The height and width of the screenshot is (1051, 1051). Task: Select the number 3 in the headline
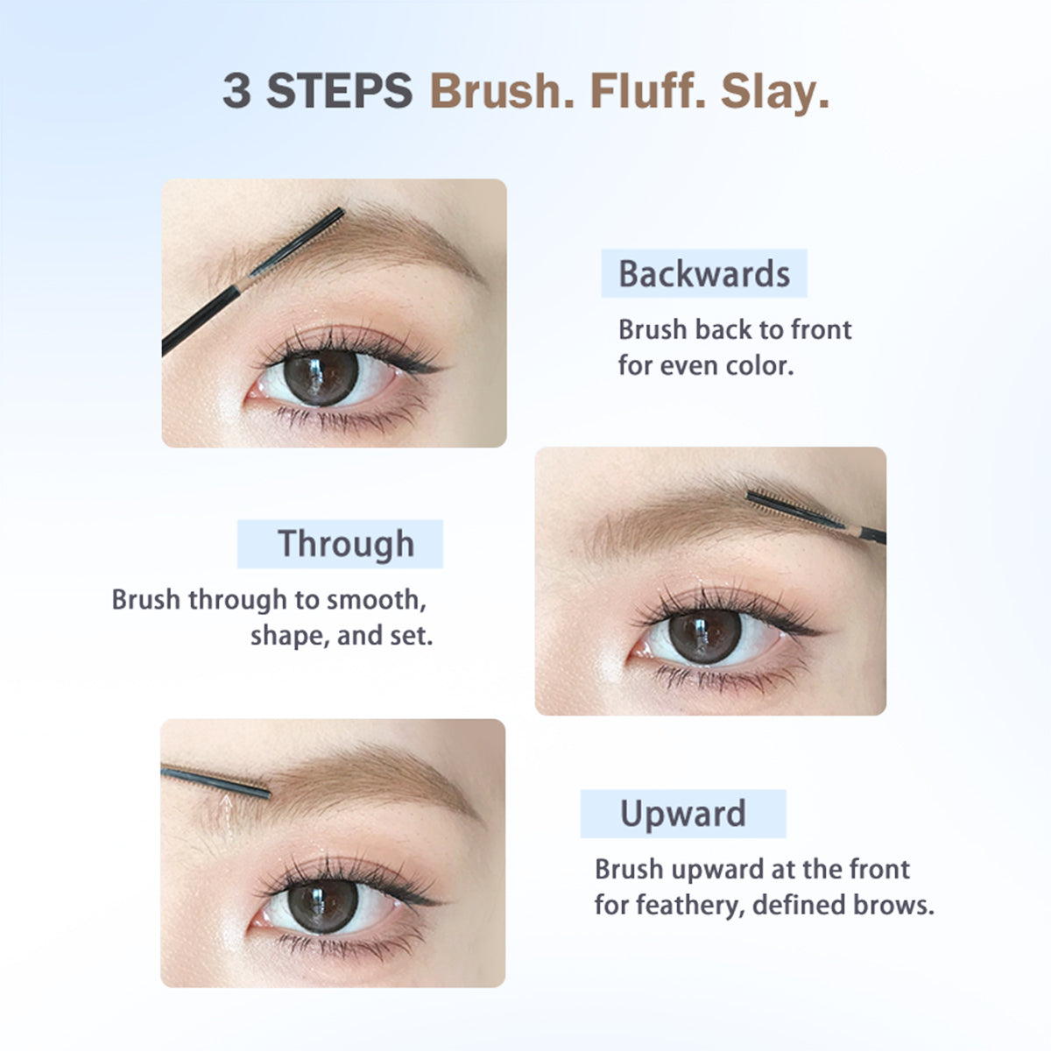click(x=236, y=91)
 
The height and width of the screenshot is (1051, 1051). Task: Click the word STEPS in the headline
click(x=340, y=91)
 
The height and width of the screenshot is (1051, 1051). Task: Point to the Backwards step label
click(x=704, y=273)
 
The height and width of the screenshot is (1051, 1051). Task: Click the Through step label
click(x=345, y=544)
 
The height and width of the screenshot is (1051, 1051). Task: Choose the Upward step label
click(x=683, y=814)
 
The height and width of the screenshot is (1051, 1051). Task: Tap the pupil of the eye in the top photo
click(x=319, y=377)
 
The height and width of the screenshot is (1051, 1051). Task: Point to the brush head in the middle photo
click(x=784, y=507)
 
